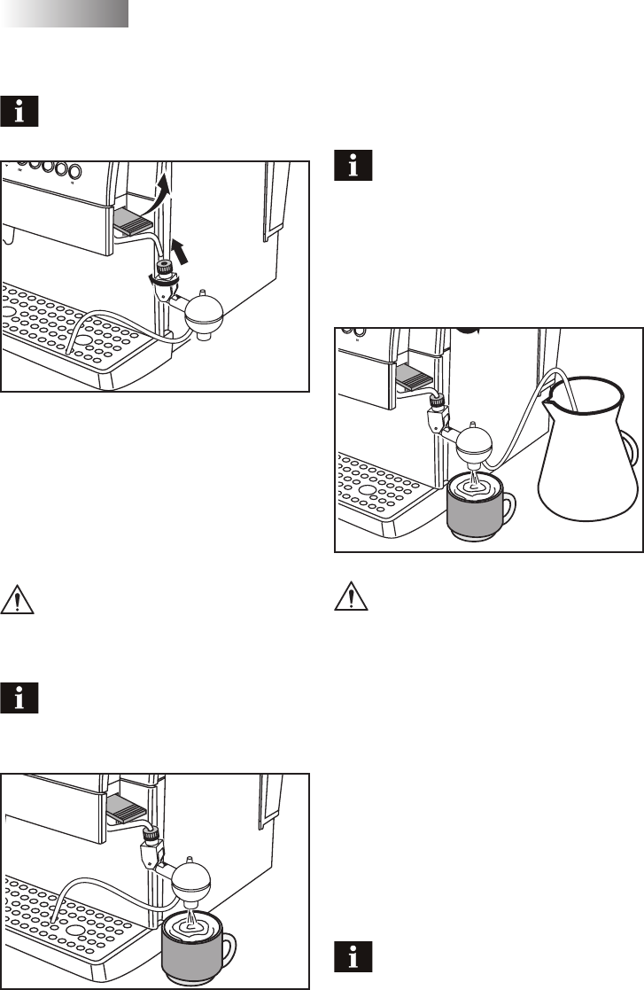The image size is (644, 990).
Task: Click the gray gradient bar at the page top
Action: [x=66, y=13]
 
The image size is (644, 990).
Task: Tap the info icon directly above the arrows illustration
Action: [x=26, y=110]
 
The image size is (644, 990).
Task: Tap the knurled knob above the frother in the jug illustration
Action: [x=436, y=401]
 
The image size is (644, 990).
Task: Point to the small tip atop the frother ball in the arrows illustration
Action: [x=204, y=291]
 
